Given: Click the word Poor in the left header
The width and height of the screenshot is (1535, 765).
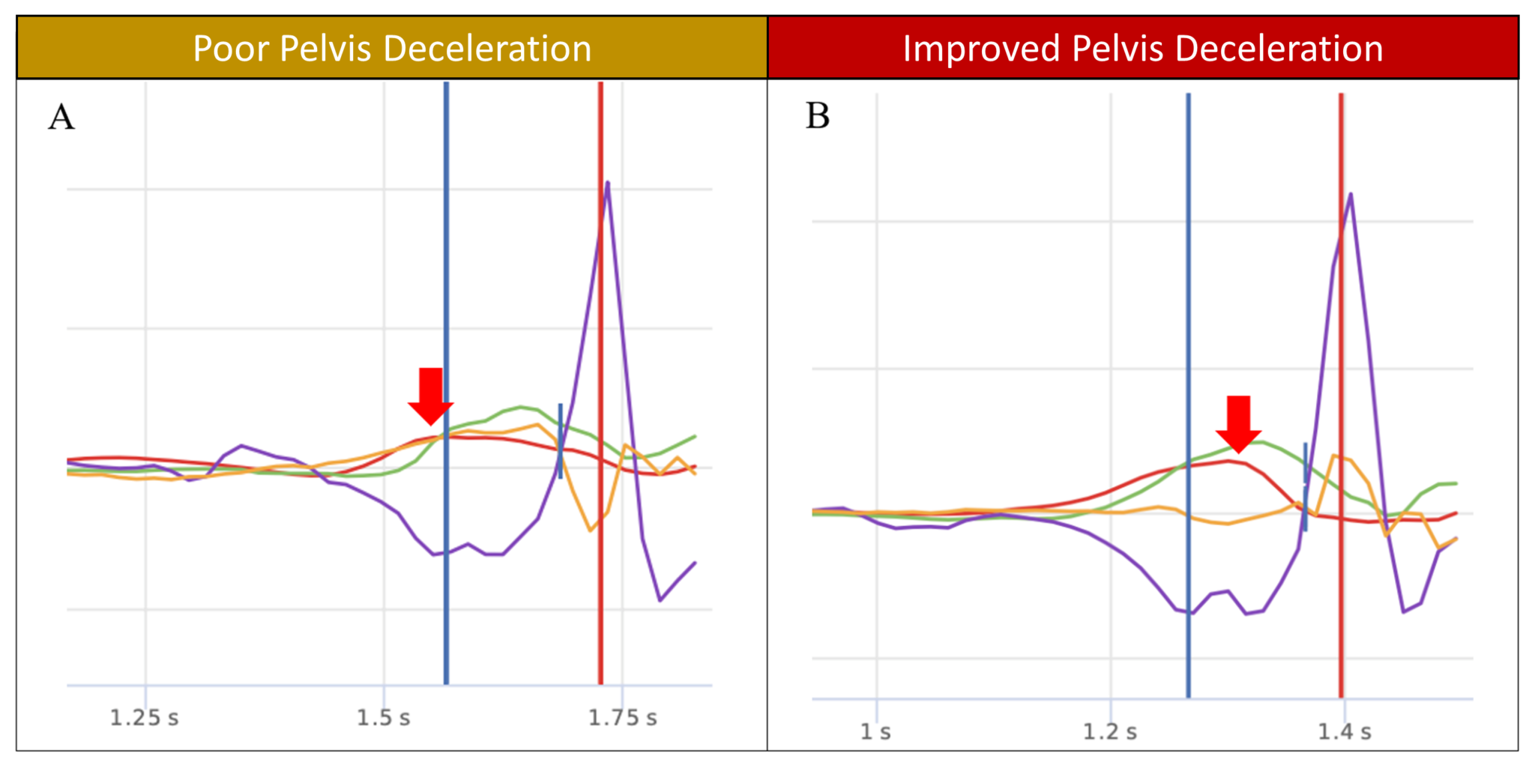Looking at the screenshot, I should [x=231, y=49].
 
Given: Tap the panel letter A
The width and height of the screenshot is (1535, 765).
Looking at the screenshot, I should [x=61, y=118].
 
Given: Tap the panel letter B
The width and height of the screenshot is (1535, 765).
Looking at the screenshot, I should [x=818, y=117].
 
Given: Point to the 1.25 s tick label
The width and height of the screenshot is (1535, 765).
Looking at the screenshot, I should [x=145, y=718].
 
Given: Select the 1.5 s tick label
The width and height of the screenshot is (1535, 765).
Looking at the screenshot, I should [x=383, y=718].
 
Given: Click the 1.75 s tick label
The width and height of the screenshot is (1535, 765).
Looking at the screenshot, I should [x=622, y=718].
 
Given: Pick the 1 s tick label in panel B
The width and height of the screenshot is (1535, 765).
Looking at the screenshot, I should [x=875, y=731].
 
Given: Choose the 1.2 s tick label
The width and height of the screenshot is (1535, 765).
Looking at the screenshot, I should [x=1110, y=731].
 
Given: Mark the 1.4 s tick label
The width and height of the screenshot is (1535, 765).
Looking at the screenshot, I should [x=1345, y=731].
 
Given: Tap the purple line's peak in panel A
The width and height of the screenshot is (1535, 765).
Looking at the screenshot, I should [x=607, y=182].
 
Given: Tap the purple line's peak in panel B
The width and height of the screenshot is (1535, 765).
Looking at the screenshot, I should [x=1351, y=194].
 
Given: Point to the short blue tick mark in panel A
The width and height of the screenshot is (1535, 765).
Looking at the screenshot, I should [x=560, y=441].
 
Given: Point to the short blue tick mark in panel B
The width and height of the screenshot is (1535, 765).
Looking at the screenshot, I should [x=1305, y=486].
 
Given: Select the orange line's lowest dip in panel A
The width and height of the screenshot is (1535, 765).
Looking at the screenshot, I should [x=591, y=530].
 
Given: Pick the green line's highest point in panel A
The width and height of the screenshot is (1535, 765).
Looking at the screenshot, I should [x=521, y=407].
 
